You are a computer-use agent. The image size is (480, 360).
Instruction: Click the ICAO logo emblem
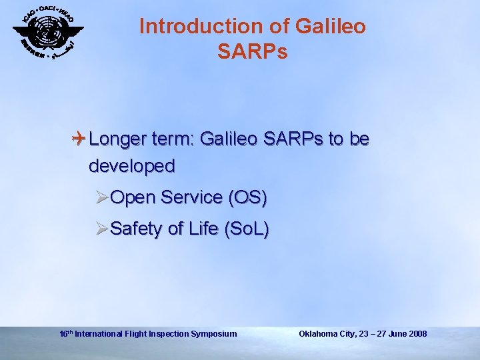49,31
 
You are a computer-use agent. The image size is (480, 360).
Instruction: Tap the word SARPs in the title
252,51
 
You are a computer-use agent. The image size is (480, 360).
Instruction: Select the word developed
131,165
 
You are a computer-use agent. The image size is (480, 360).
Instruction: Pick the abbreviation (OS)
247,197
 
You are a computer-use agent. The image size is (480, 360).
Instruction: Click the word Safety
137,229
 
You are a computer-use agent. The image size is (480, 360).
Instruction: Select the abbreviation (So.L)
247,229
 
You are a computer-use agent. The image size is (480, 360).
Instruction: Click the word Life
203,229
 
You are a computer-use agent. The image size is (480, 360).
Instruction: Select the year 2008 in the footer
416,333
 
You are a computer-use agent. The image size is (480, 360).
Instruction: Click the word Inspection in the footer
169,333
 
